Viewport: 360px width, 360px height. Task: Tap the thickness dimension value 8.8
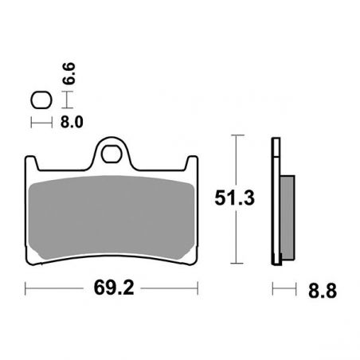tap(319, 291)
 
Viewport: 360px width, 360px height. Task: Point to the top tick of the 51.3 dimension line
tap(237, 136)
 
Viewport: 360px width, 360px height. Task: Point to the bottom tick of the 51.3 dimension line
tap(237, 263)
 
